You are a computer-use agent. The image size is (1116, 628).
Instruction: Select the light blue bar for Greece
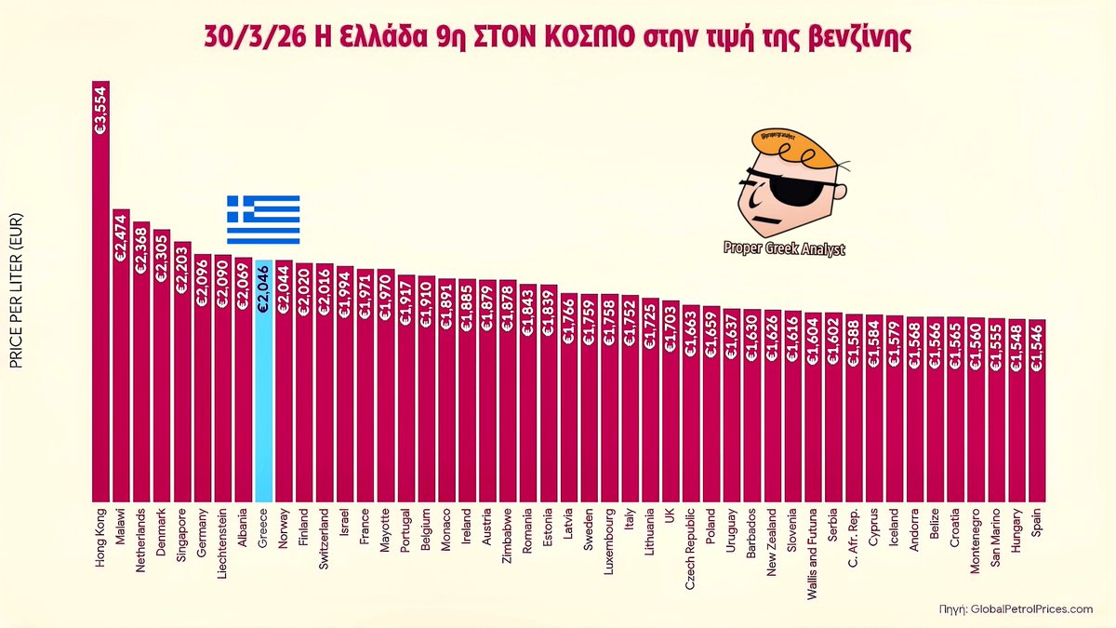click(x=263, y=391)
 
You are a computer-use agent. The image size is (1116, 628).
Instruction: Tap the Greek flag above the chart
click(x=263, y=220)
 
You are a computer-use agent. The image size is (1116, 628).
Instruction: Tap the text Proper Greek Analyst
click(x=784, y=248)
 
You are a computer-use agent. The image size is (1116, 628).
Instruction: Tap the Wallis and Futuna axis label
click(x=813, y=553)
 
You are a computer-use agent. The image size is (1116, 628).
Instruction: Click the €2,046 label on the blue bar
click(x=263, y=290)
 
